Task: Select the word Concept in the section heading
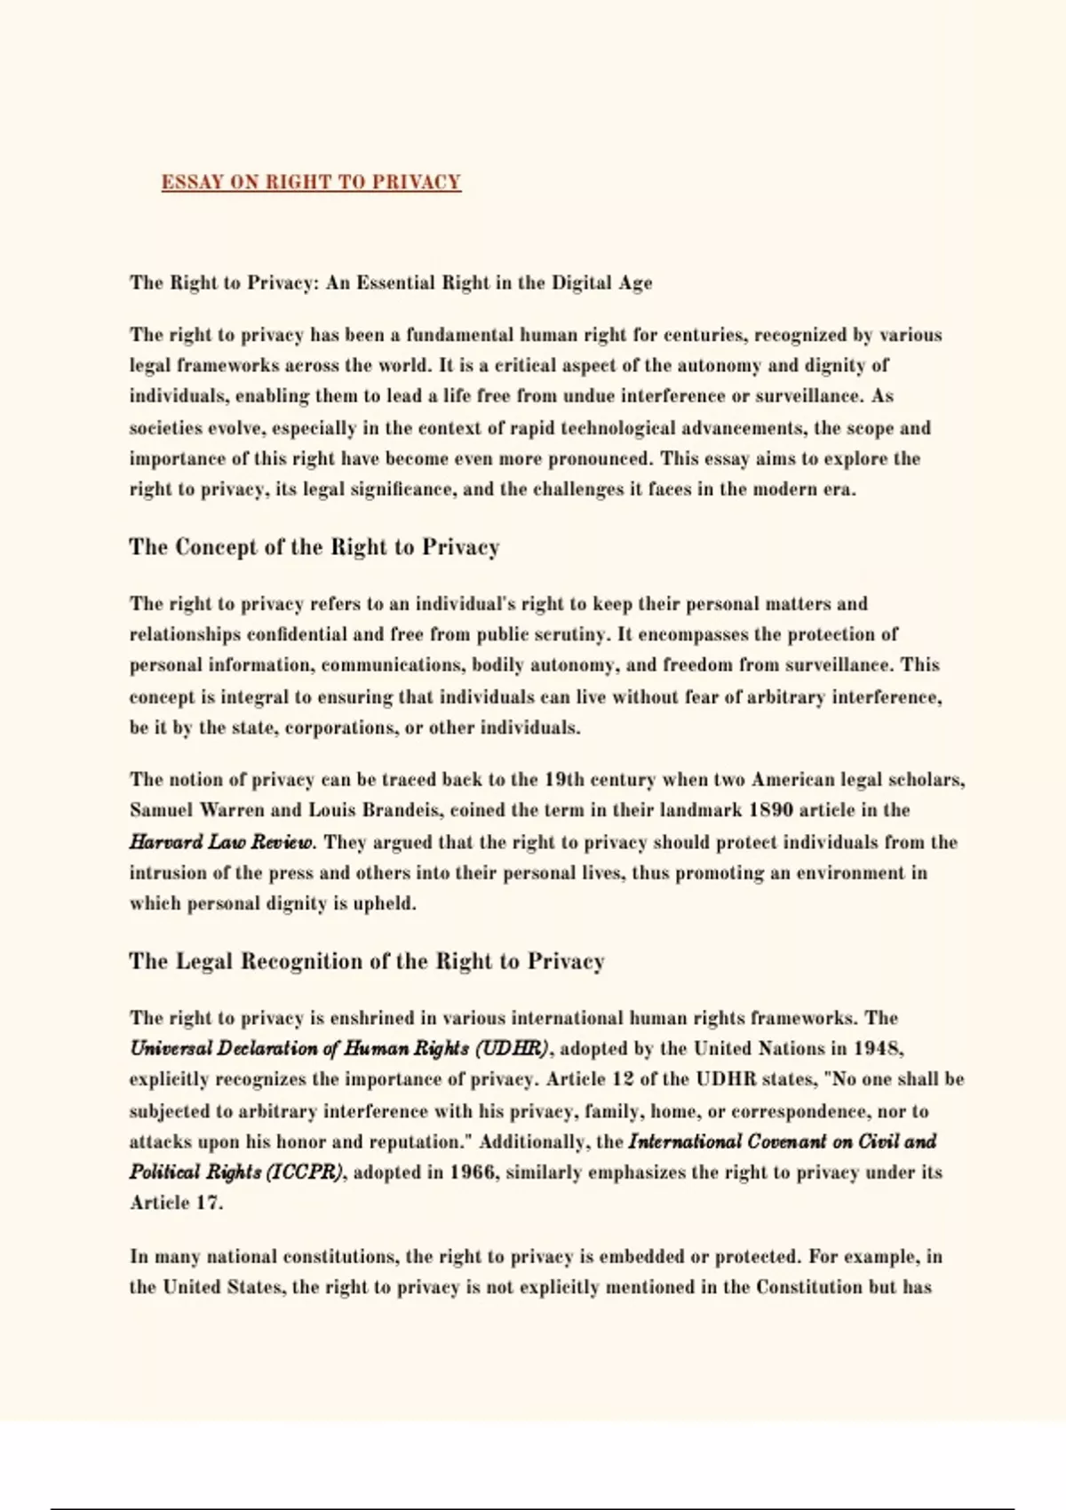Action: (x=216, y=547)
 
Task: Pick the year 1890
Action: (x=771, y=810)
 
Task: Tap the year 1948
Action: (x=879, y=1049)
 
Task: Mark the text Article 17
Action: (x=176, y=1204)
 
